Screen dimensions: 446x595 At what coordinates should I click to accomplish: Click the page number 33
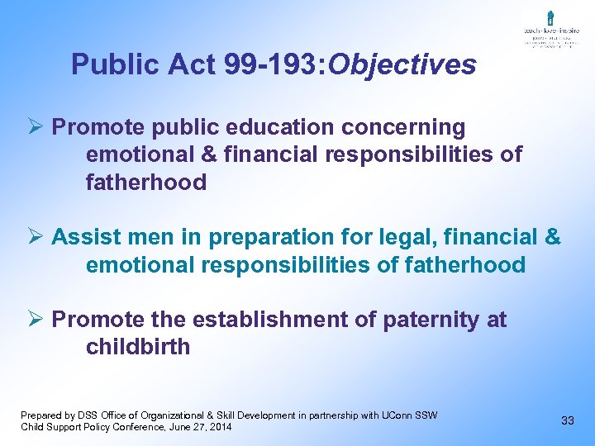tap(568, 420)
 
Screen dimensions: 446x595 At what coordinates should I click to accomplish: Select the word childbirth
tap(138, 347)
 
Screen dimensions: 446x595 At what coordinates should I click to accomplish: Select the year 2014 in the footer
tap(219, 427)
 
